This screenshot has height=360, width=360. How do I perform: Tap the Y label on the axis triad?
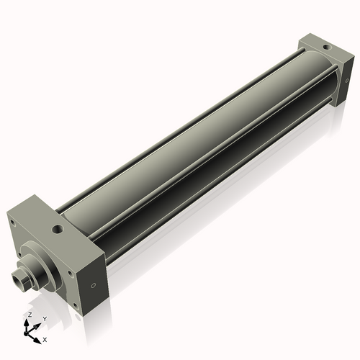[44, 318]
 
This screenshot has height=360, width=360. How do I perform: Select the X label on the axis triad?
[45, 338]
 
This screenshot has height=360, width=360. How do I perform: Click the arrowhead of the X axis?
[38, 336]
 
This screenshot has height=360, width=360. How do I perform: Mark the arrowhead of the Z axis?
[28, 321]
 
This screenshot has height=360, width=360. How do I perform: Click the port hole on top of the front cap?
[57, 230]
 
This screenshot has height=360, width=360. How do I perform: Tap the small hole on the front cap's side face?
[92, 283]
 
